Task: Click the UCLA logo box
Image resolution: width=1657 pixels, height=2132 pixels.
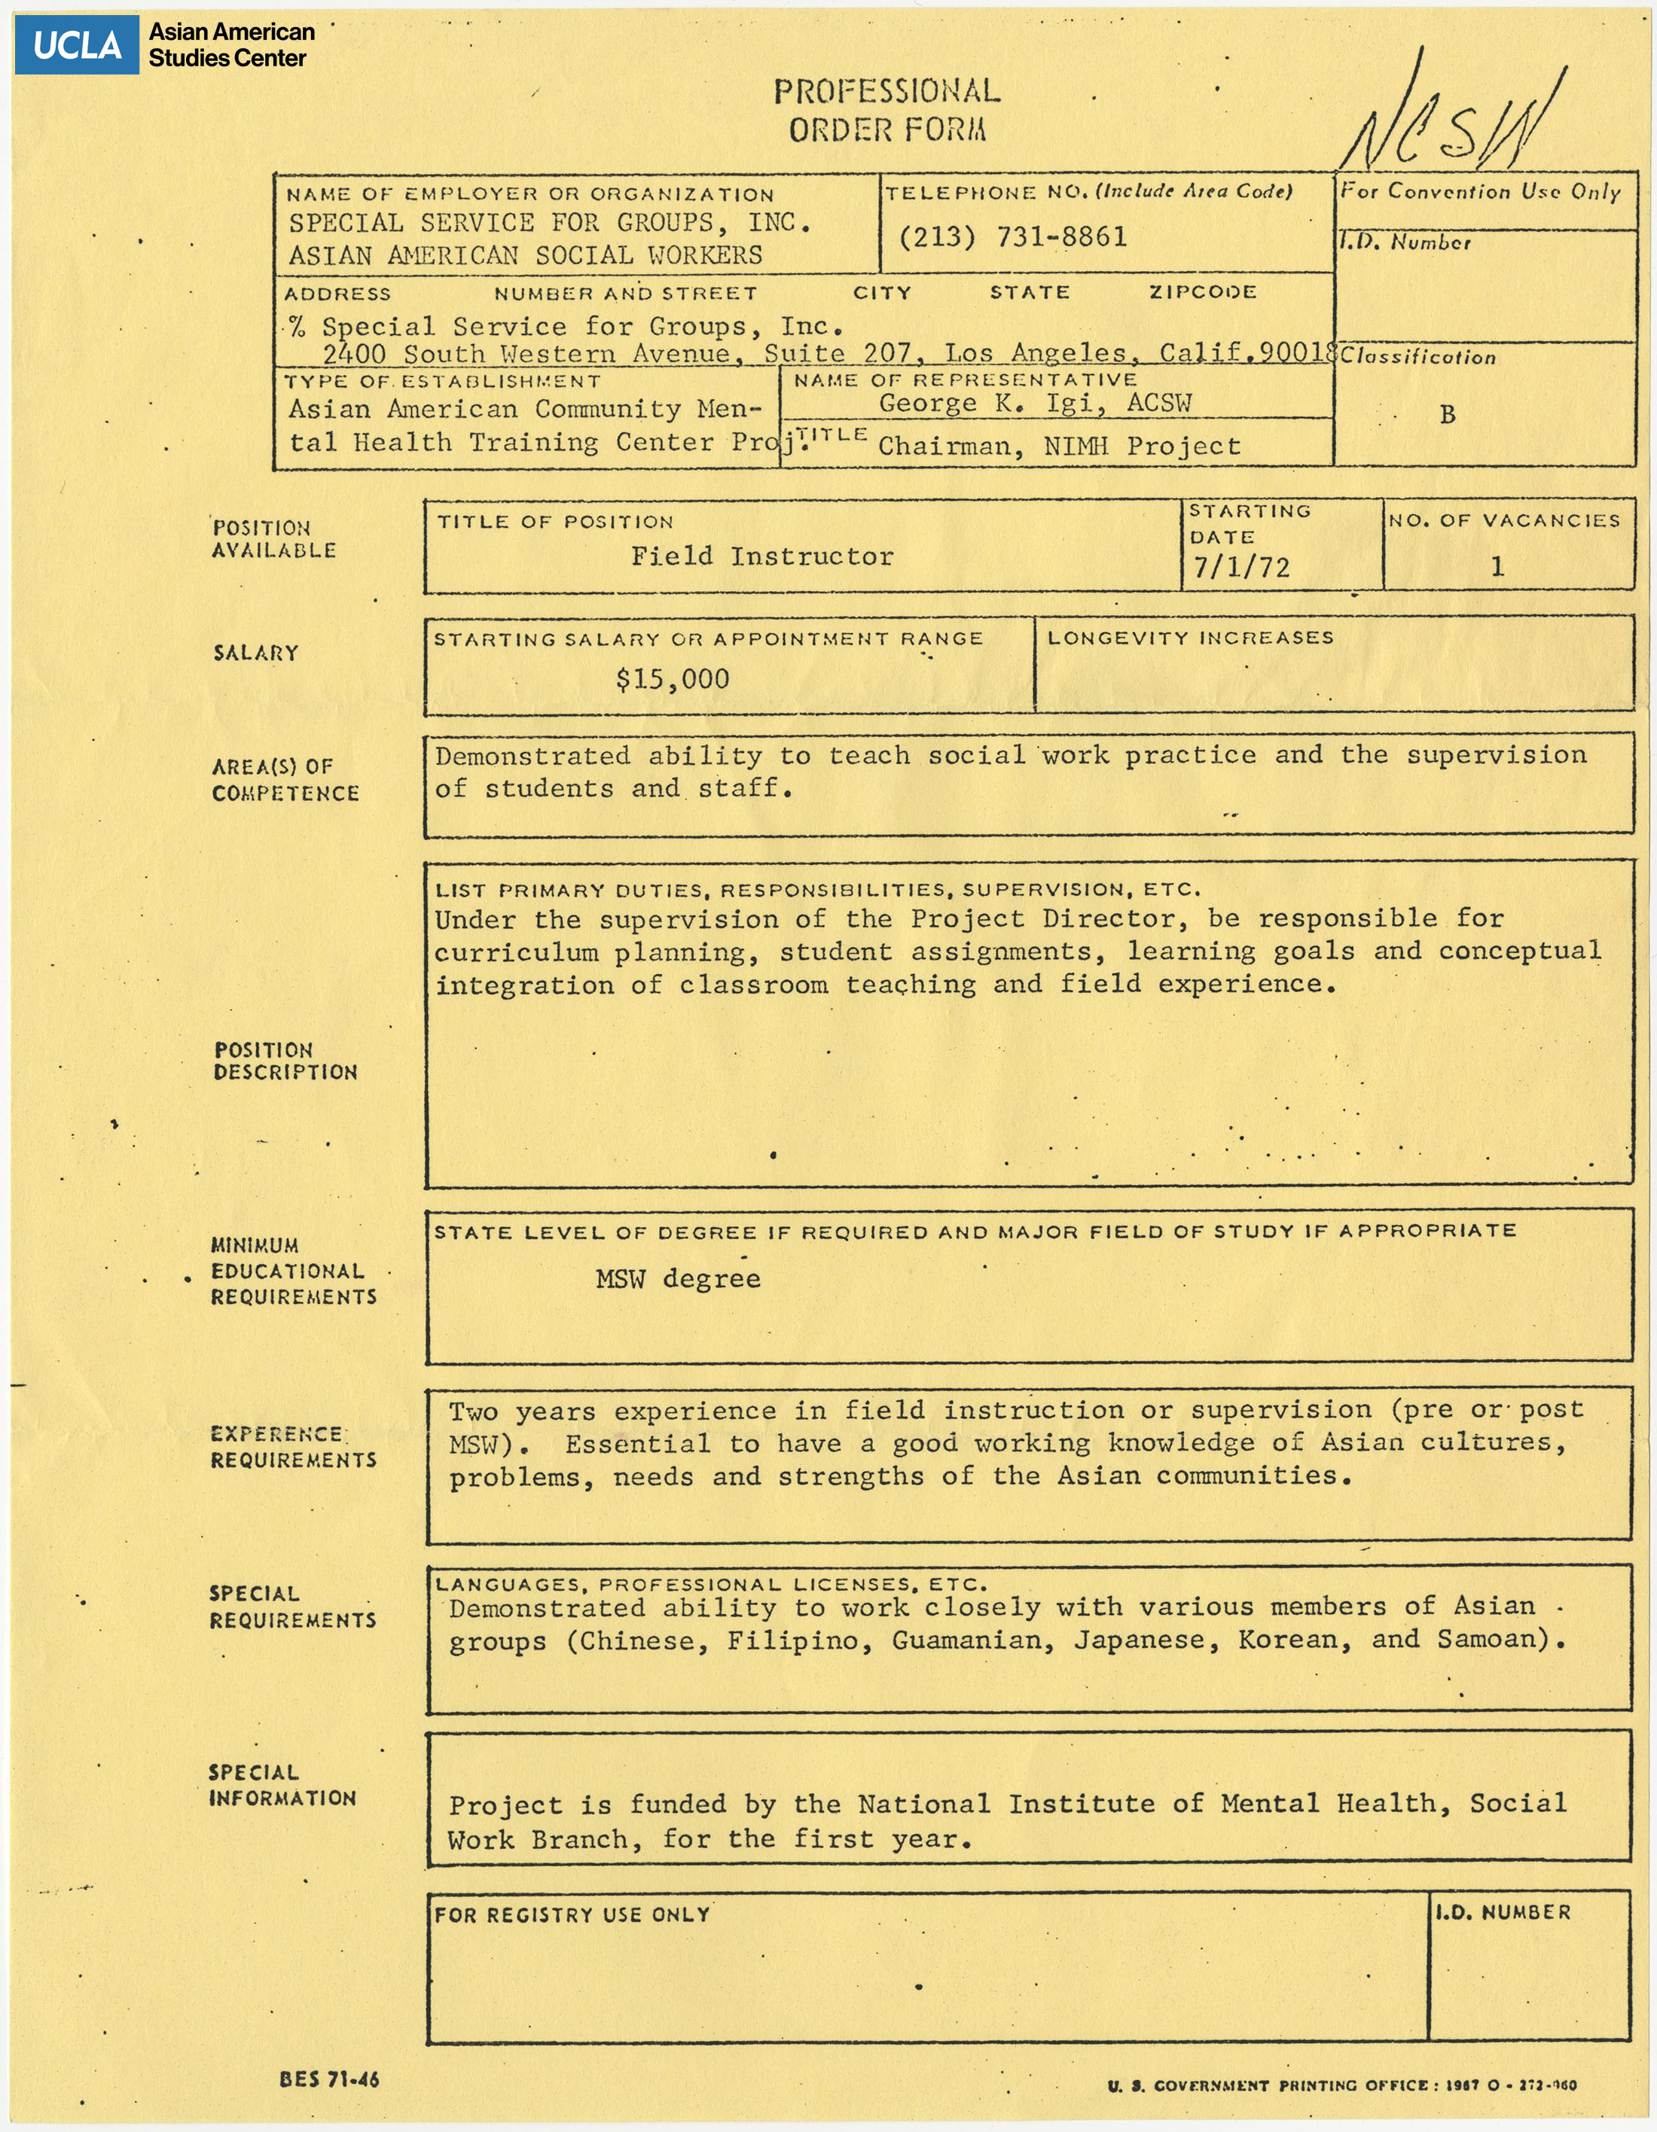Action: pyautogui.click(x=77, y=45)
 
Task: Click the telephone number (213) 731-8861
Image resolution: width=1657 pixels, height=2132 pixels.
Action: pyautogui.click(x=1012, y=236)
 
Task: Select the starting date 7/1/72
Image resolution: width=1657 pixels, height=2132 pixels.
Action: pyautogui.click(x=1241, y=567)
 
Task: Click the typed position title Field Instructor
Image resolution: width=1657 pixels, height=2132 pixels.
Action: pyautogui.click(x=761, y=556)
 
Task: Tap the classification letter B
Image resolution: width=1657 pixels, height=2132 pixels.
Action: pyautogui.click(x=1447, y=414)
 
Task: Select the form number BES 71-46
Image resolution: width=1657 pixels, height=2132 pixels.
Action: pyautogui.click(x=328, y=2079)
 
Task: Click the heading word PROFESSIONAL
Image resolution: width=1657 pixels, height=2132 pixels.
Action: pyautogui.click(x=886, y=92)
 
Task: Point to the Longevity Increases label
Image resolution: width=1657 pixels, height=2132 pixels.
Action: pyautogui.click(x=1190, y=638)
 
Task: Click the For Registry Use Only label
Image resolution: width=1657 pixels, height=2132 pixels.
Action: pyautogui.click(x=572, y=1914)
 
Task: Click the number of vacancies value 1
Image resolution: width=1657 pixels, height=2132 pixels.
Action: pyautogui.click(x=1497, y=566)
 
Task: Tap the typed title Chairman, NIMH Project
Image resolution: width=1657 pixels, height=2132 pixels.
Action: pyautogui.click(x=1060, y=446)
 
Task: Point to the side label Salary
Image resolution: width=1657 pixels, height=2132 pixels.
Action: pyautogui.click(x=256, y=652)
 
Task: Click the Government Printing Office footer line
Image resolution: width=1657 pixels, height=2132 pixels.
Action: pyautogui.click(x=1341, y=2085)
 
